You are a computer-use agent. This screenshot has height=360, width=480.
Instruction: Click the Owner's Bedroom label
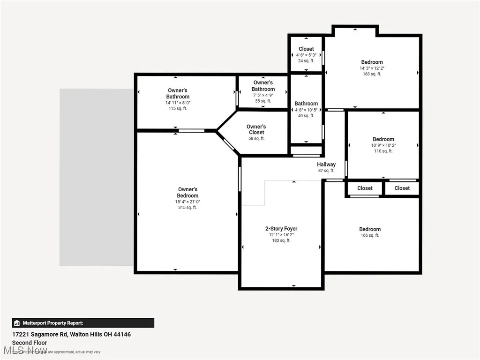click(x=187, y=193)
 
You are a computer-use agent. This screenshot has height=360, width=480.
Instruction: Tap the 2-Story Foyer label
click(x=281, y=229)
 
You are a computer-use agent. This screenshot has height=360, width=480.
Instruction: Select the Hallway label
click(x=326, y=165)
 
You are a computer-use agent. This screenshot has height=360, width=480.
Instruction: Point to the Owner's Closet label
click(x=256, y=129)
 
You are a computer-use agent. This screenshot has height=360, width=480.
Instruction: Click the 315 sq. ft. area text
click(x=187, y=208)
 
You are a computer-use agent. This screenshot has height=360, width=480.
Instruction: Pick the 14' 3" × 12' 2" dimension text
click(x=372, y=68)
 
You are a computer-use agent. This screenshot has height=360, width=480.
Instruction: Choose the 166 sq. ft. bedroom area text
click(x=370, y=235)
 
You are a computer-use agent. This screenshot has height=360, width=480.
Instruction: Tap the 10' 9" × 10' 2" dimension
click(x=383, y=145)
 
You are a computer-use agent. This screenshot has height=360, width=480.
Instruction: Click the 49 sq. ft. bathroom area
click(x=306, y=116)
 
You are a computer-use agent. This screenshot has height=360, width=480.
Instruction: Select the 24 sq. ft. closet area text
click(x=306, y=60)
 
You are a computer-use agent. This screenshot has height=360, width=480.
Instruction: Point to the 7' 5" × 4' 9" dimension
click(x=263, y=95)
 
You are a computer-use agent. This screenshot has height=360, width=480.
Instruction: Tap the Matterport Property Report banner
click(x=83, y=323)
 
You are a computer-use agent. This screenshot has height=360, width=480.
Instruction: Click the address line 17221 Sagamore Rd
click(x=71, y=335)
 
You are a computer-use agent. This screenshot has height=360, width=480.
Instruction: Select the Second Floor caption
click(x=30, y=343)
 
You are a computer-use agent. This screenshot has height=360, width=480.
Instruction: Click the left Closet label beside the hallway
click(x=365, y=188)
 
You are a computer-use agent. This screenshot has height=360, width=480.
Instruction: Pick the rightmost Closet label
click(x=402, y=188)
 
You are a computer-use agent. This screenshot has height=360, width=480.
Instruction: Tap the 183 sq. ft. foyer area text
click(x=281, y=240)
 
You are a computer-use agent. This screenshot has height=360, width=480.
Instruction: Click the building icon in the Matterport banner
click(x=17, y=323)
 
